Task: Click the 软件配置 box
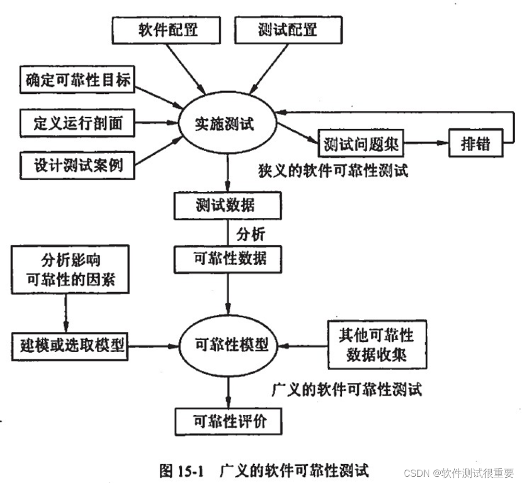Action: (x=167, y=29)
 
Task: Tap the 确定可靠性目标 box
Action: (x=77, y=80)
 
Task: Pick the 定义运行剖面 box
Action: (x=77, y=123)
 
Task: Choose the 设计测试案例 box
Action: (x=77, y=166)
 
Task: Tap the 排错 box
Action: (x=476, y=143)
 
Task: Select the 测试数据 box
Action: (x=228, y=205)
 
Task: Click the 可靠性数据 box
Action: (x=228, y=259)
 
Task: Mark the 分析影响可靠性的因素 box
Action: (x=70, y=270)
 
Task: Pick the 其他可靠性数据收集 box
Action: (x=376, y=343)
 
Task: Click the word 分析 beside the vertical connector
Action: (x=251, y=234)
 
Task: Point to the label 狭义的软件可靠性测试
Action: (x=333, y=171)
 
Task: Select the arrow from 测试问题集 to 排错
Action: (x=426, y=143)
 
